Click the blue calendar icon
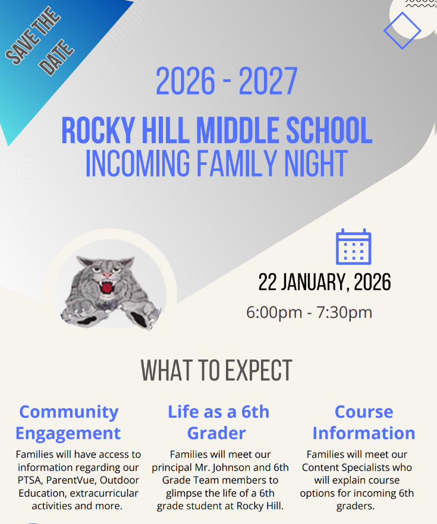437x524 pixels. point(353,247)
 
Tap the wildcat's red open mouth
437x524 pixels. point(106,288)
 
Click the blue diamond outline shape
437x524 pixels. point(403,31)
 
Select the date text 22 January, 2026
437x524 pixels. point(325,282)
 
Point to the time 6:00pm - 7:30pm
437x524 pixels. point(309,312)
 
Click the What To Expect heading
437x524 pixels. point(216,370)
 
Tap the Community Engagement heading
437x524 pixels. point(68,422)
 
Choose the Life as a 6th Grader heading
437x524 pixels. point(218,422)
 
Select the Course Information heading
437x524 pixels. point(364,422)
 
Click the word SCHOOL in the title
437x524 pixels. point(329,130)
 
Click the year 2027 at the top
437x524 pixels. point(268,81)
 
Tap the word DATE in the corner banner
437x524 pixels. point(56,58)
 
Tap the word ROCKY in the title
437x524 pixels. point(98,130)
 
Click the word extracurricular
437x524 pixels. point(104,493)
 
